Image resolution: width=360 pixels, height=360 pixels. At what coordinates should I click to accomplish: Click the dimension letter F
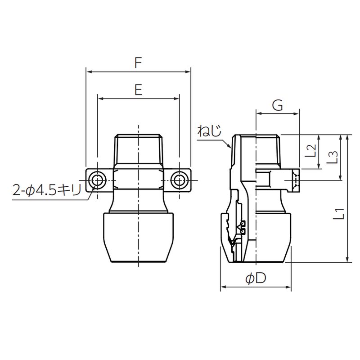(x=138, y=63)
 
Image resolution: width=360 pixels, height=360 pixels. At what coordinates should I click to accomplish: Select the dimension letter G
(x=278, y=106)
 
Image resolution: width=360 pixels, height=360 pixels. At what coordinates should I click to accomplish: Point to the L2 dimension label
(x=311, y=151)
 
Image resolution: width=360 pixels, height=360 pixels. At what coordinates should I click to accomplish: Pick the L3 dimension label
(x=332, y=157)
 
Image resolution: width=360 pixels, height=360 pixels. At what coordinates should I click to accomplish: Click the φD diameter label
(x=256, y=278)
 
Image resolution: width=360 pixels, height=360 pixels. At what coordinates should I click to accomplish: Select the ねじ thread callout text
(x=209, y=131)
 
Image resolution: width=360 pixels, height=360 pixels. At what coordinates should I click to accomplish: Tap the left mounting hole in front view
(x=97, y=180)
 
